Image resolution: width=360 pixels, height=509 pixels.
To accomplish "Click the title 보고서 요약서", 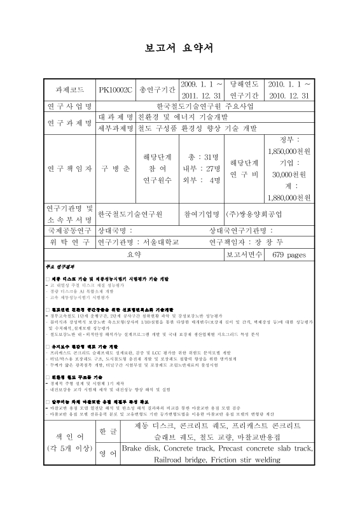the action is pyautogui.click(x=180, y=51).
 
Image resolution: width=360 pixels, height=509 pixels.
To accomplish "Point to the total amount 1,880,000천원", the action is pyautogui.click(x=289, y=197).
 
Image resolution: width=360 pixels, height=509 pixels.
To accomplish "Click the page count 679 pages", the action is pyautogui.click(x=289, y=254).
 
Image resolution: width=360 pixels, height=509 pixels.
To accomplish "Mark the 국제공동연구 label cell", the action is pyautogui.click(x=68, y=230).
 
